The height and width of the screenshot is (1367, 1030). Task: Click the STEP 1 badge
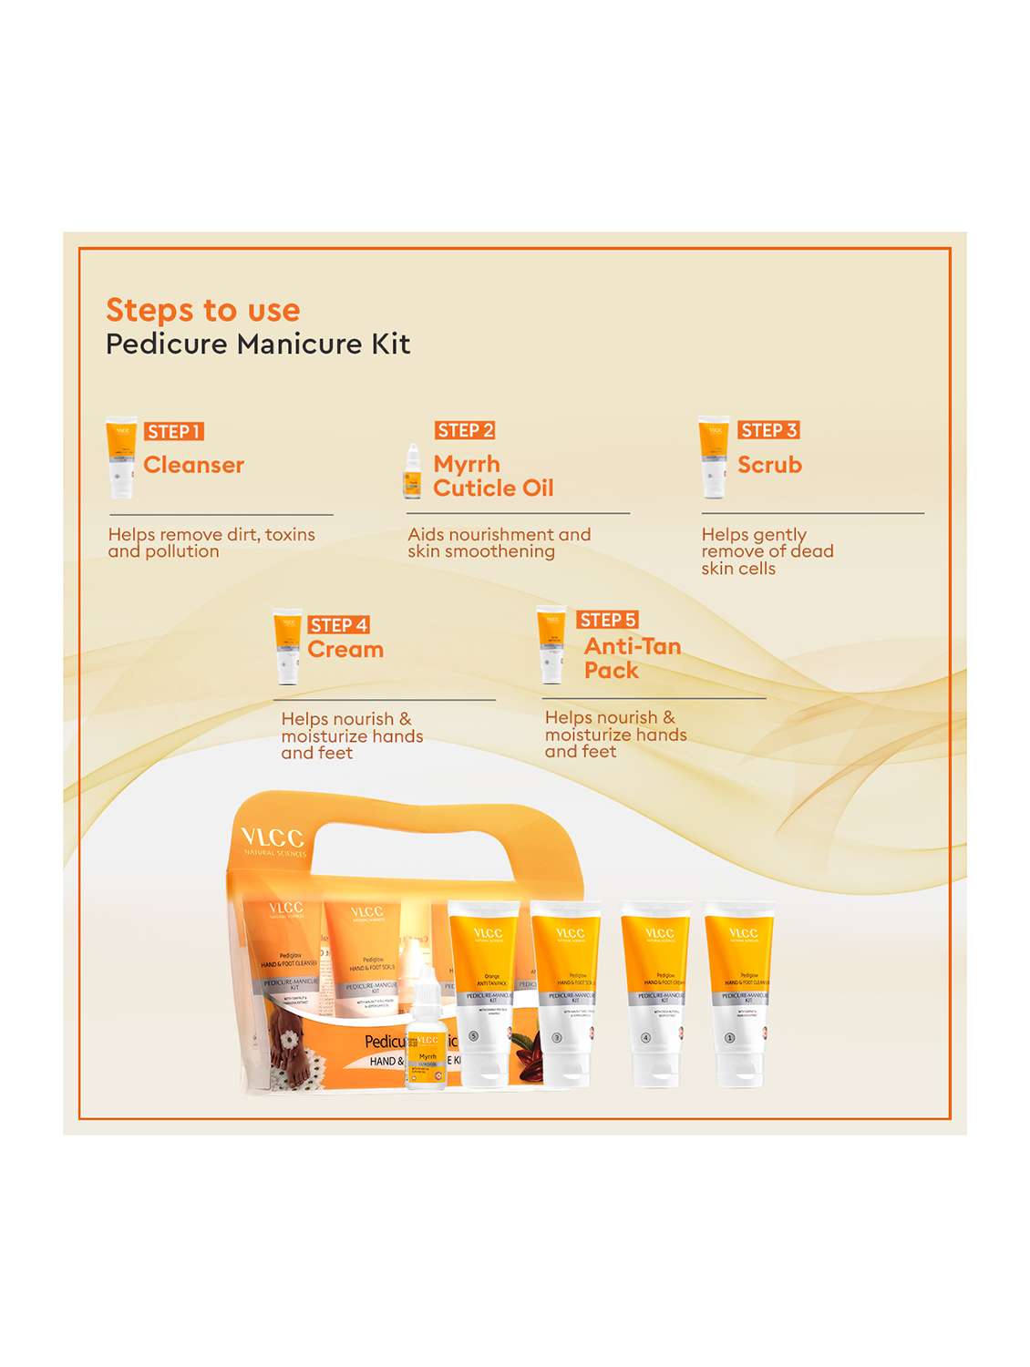173,431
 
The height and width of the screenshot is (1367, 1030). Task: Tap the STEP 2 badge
465,430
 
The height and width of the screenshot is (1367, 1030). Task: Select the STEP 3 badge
768,430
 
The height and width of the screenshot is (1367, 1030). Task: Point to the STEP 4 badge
338,624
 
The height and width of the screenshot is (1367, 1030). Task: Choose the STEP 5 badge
607,620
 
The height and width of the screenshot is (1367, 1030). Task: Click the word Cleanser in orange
193,465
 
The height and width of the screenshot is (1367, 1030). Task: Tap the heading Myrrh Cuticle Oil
492,476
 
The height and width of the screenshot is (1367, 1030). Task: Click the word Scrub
769,465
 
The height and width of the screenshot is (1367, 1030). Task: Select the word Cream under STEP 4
345,650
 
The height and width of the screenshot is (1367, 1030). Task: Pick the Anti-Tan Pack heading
632,658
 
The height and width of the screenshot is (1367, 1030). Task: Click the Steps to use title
202,310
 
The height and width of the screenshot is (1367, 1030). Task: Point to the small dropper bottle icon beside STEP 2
413,471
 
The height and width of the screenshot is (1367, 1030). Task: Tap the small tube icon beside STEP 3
714,457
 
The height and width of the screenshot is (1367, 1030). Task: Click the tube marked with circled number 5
483,993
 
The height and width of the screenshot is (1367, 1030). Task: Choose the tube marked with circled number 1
739,993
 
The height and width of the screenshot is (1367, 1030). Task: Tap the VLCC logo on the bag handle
272,838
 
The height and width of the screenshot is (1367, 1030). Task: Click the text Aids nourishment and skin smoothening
499,543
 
